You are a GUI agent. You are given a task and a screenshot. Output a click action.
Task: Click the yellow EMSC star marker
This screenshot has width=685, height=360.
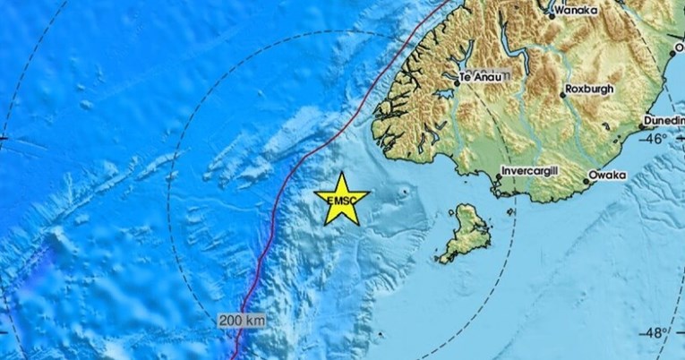[341, 197]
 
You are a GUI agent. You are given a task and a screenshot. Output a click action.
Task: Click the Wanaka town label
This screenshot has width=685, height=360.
[575, 12]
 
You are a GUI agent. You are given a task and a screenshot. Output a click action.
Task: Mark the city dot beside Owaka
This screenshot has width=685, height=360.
[587, 181]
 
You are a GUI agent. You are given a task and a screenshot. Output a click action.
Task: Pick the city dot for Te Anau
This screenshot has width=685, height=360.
[458, 81]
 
